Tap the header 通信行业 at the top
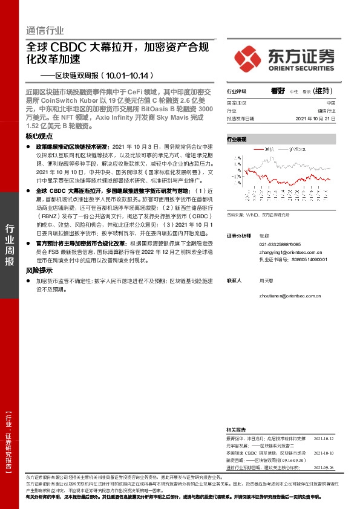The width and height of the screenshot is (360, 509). [x=45, y=31]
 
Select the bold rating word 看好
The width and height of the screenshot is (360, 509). [x=278, y=90]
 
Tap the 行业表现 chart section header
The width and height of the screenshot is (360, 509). [x=237, y=139]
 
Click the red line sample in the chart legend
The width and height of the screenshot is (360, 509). [x=258, y=149]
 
